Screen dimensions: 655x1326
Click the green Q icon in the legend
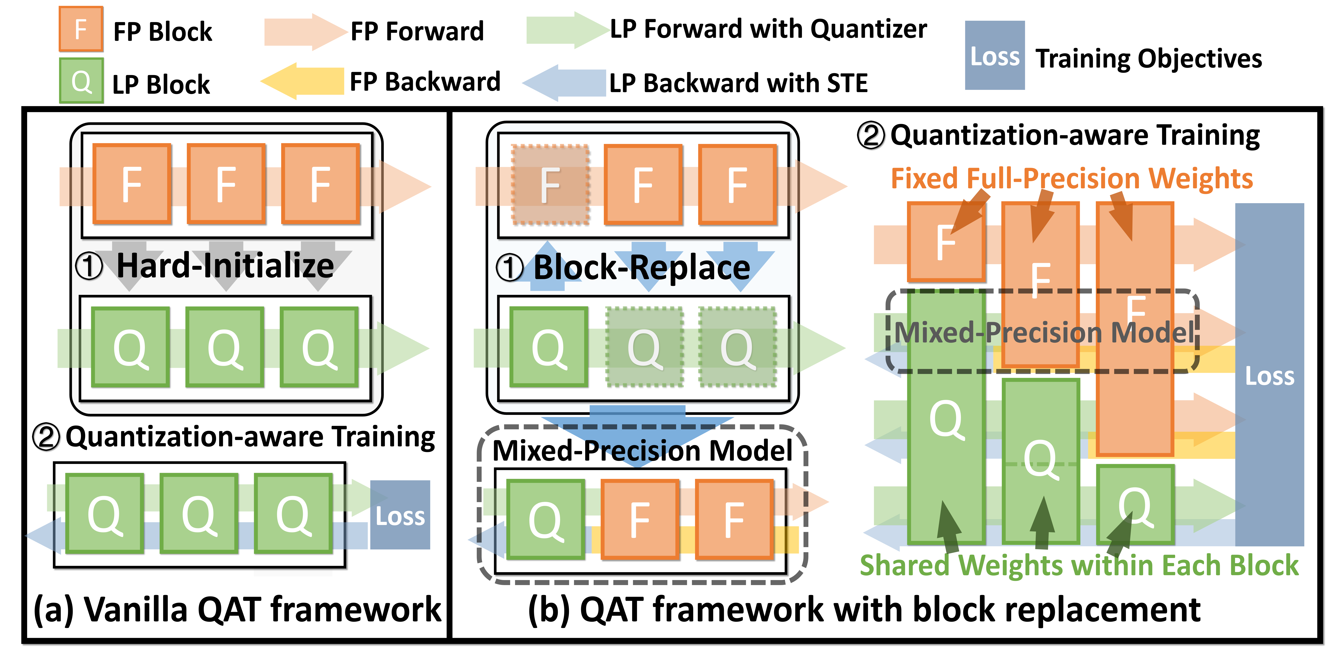(81, 81)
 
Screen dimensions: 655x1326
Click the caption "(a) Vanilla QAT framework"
(237, 609)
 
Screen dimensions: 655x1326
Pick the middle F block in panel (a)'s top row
(226, 184)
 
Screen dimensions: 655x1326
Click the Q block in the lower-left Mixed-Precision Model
(546, 519)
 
